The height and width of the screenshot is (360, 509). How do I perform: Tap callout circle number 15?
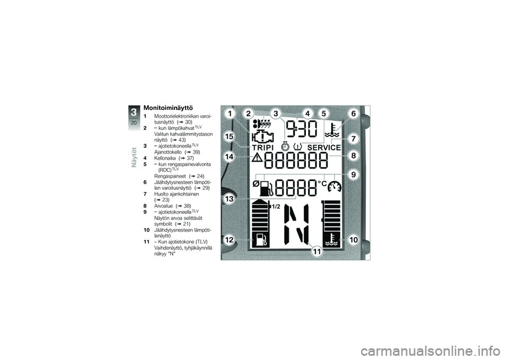[x=229, y=137]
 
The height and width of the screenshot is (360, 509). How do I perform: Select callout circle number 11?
[x=317, y=251]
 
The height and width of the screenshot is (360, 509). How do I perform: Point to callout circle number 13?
[x=229, y=198]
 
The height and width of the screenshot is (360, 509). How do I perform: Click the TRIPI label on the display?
[x=263, y=148]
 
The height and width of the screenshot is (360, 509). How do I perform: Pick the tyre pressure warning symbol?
[x=297, y=147]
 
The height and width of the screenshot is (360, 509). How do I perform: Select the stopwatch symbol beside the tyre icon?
[x=285, y=146]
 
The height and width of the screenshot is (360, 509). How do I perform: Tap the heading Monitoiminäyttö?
[x=168, y=108]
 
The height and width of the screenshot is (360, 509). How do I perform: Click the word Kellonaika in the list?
[x=165, y=158]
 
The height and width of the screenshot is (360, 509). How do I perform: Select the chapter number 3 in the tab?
[x=134, y=112]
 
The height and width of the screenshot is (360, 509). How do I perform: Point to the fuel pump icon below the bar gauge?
[x=260, y=240]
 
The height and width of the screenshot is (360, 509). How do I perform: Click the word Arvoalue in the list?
[x=164, y=206]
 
